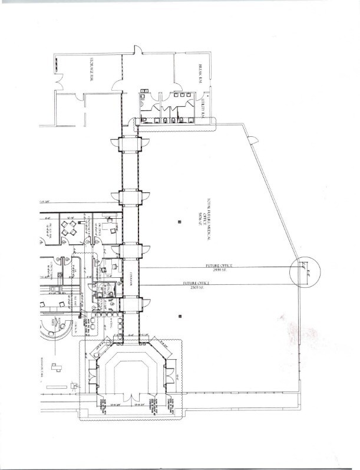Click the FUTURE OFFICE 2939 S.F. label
pos(219,267)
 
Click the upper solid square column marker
pos(179,222)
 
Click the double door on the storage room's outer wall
pos(58,81)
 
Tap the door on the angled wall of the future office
pos(252,140)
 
